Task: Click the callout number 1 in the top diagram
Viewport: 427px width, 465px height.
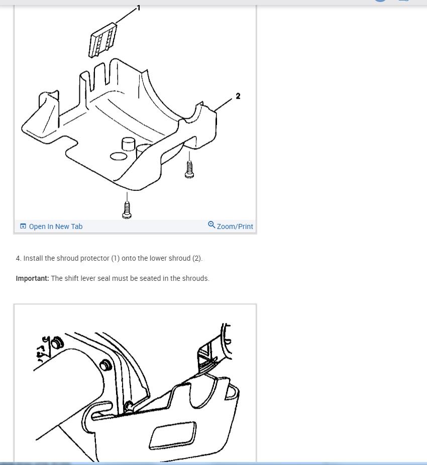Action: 139,8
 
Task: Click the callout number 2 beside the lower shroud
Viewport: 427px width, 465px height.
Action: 238,96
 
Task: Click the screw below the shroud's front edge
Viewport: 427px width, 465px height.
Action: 127,209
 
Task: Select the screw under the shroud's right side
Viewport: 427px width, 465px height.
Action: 190,169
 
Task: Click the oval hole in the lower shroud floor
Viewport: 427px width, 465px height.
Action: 119,157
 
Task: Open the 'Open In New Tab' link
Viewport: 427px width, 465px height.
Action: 55,226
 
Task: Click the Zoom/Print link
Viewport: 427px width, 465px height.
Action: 235,226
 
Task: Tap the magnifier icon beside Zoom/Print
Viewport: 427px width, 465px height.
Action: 211,225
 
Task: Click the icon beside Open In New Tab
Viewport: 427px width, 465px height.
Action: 23,226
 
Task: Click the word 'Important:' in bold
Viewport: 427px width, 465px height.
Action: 32,278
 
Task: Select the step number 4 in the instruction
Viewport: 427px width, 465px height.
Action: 18,258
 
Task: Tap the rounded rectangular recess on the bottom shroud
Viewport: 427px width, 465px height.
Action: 172,434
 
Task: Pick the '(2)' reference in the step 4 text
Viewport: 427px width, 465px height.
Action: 197,258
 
